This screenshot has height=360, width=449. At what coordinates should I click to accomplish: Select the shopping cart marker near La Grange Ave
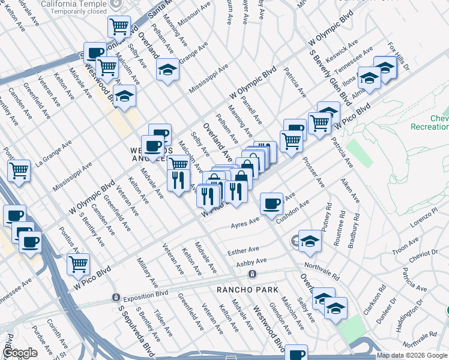point(19,170)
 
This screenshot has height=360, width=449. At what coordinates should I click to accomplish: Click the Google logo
point(20,353)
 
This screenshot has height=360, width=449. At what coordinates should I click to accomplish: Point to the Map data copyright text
point(411,355)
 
